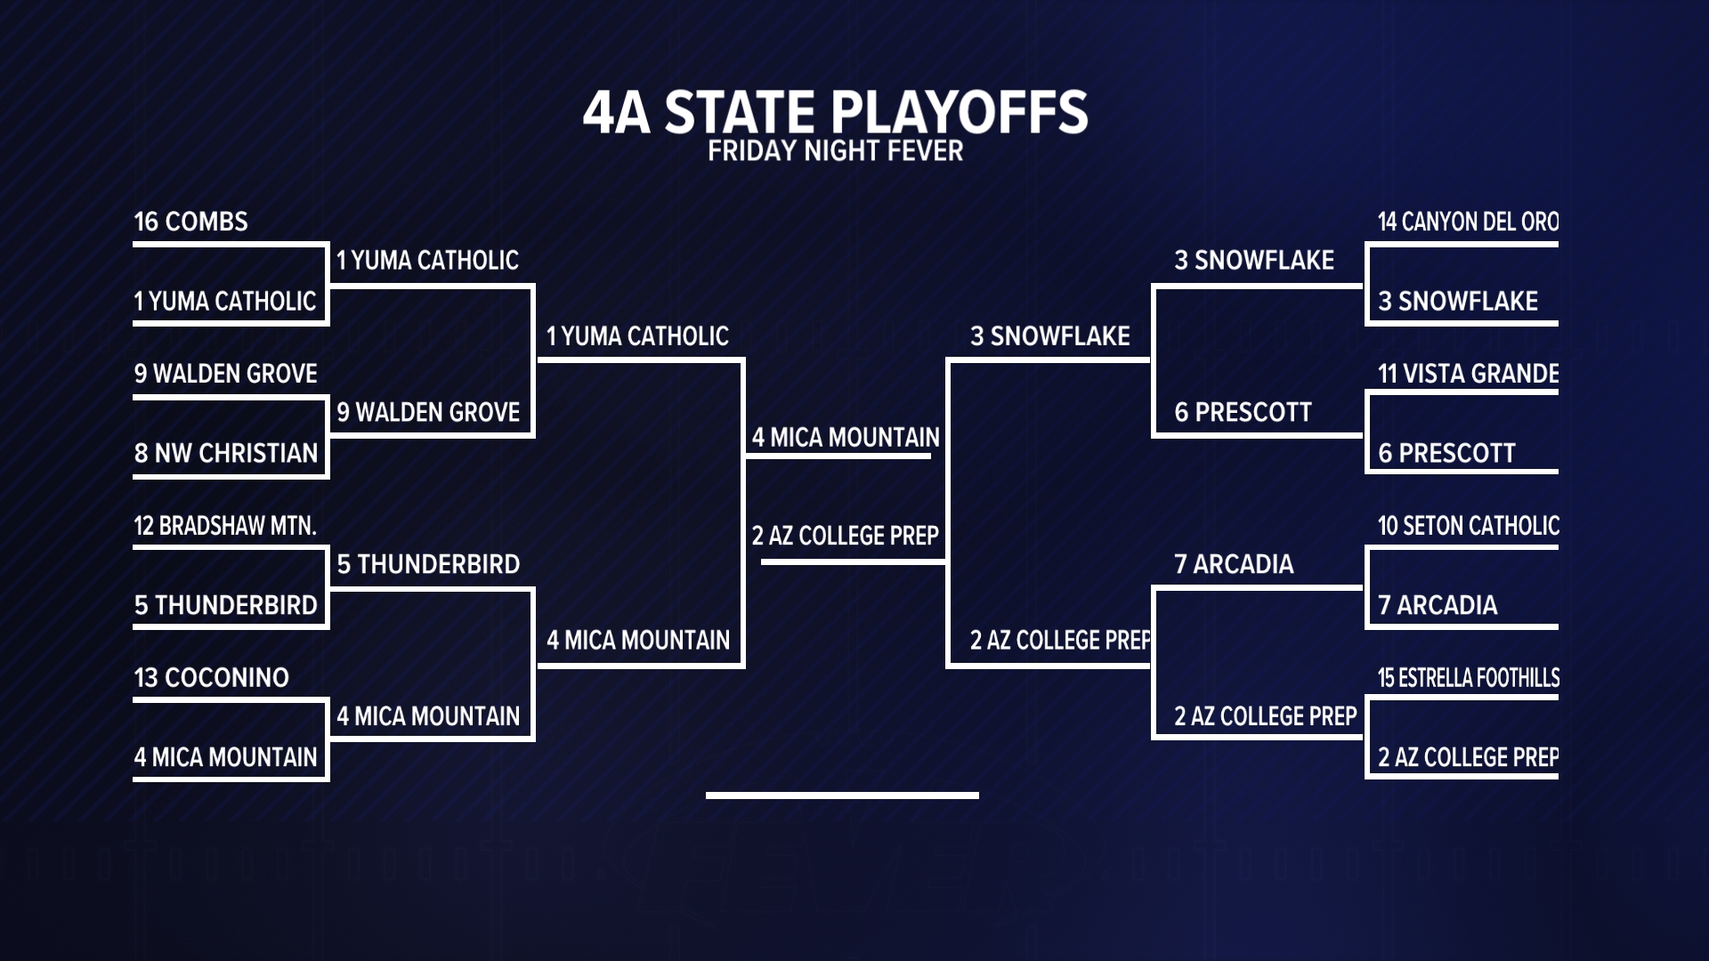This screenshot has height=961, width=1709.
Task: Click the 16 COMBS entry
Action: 190,222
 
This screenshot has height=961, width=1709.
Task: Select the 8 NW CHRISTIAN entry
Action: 226,453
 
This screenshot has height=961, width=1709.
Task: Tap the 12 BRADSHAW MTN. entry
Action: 225,526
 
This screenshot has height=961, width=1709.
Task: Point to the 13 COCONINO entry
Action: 212,678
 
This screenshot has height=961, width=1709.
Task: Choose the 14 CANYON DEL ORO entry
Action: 1469,222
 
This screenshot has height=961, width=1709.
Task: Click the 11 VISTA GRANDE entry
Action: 1469,374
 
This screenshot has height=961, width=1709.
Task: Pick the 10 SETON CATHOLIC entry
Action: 1469,526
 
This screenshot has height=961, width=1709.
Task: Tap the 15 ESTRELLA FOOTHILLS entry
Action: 1469,678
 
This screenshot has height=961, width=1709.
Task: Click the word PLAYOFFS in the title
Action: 959,112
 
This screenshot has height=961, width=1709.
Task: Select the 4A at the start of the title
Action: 616,113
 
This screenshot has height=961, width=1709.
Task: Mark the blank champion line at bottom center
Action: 842,795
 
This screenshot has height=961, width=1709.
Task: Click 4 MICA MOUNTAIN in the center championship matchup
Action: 846,438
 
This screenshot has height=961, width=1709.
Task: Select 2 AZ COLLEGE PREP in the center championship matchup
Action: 846,536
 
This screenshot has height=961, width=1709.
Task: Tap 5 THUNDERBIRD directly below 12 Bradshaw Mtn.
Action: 226,605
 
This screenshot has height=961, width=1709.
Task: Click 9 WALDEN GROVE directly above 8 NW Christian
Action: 226,374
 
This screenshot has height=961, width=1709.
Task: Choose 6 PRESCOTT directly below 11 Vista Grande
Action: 1446,453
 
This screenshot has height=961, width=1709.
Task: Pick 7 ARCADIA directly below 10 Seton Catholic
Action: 1438,605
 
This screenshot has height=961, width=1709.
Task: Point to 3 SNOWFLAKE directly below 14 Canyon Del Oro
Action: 1458,301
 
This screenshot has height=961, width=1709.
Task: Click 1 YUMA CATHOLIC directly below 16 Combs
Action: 225,301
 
